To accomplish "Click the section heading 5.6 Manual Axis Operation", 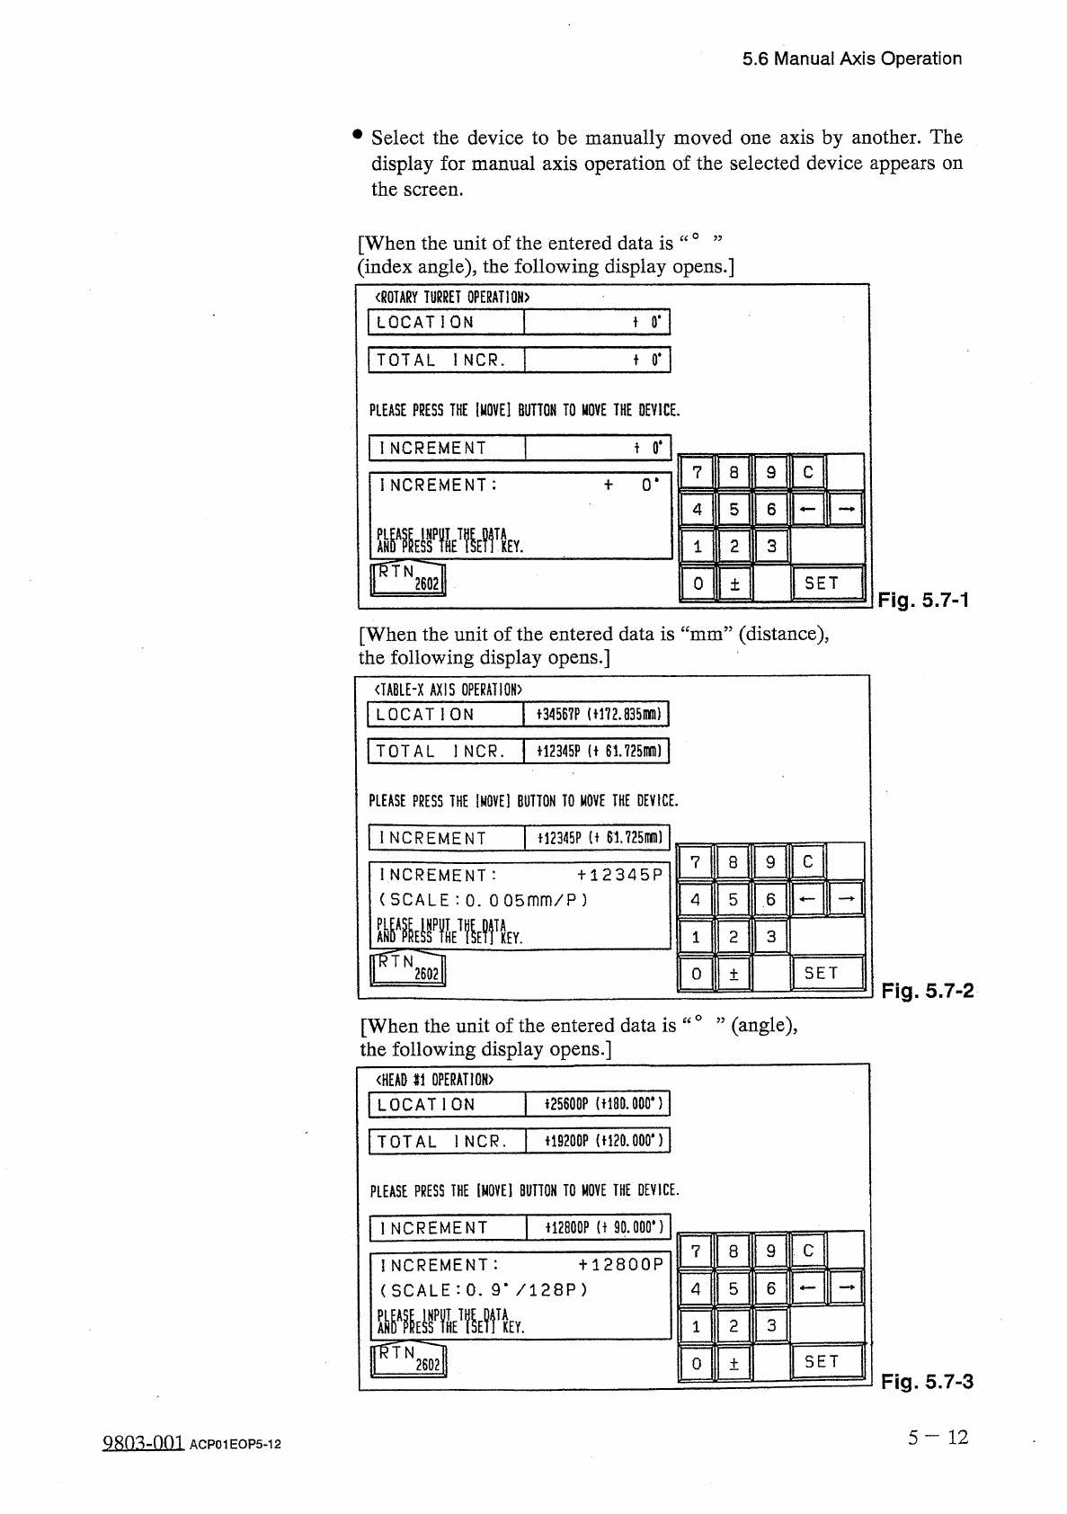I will pyautogui.click(x=851, y=59).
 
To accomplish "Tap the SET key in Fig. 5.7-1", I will pyautogui.click(x=821, y=583).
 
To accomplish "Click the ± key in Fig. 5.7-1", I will pyautogui.click(x=734, y=583).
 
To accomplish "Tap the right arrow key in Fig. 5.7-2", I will pyautogui.click(x=845, y=898).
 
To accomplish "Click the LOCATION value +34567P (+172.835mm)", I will pyautogui.click(x=598, y=715).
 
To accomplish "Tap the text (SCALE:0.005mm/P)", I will pyautogui.click(x=484, y=900).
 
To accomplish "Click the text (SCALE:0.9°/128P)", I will pyautogui.click(x=484, y=1289).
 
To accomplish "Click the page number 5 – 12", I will pyautogui.click(x=938, y=1438).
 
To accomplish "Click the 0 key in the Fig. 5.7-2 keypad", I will pyautogui.click(x=696, y=973).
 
